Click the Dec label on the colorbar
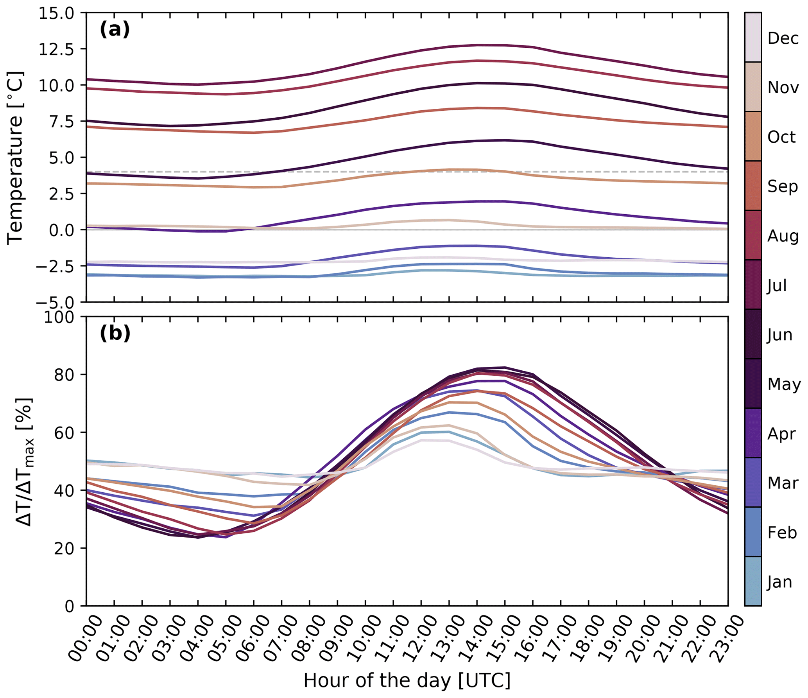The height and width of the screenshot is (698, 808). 783,38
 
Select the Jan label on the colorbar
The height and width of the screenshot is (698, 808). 779,582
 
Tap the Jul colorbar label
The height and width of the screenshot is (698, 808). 776,285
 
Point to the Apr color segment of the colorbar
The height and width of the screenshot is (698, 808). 753,433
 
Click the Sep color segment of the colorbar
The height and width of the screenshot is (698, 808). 753,186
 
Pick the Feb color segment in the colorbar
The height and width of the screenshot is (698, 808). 753,532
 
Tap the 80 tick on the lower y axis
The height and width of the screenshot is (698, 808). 64,375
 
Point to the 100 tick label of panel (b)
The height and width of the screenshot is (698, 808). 59,317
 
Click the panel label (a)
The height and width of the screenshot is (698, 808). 115,30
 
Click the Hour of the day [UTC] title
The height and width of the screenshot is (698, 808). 407,681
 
